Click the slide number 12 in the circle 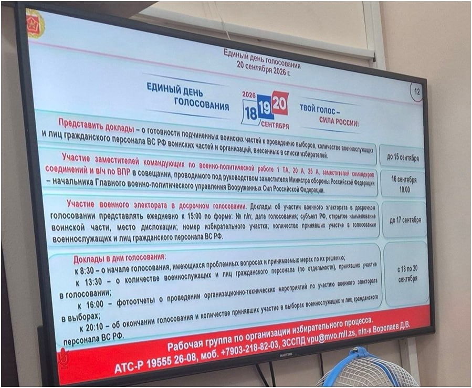pos(417,91)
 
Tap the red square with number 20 pos(280,103)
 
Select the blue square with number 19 pos(265,108)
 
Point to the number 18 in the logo pos(251,113)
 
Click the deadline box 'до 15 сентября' pos(402,157)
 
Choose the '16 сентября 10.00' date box pos(404,184)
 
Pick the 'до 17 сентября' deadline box pos(405,220)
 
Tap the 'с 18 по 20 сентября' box pos(407,274)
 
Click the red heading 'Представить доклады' pos(96,125)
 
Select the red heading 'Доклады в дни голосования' pos(119,258)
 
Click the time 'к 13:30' pos(89,282)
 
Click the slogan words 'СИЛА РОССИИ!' pos(339,122)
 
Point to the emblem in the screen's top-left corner pos(35,23)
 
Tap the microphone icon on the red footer pos(64,358)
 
